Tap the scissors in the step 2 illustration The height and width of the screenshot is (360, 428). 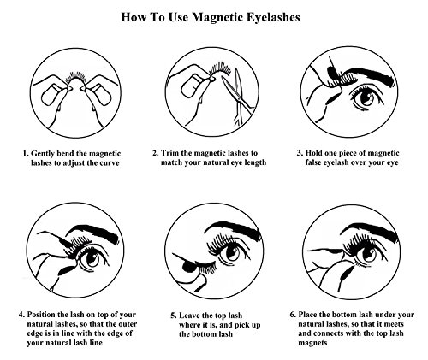[x=238, y=94]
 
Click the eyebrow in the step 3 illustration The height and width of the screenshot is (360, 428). [x=368, y=75]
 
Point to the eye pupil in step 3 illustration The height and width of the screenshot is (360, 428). [x=366, y=97]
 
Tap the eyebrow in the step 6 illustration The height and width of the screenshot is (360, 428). [x=371, y=230]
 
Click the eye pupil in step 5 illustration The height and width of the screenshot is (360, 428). [x=234, y=251]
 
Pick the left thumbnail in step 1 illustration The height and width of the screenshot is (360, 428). [x=51, y=95]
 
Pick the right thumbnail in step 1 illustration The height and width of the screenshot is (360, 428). [x=100, y=94]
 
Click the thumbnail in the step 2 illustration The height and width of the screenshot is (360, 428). [x=192, y=86]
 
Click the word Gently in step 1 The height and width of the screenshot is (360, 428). [x=43, y=154]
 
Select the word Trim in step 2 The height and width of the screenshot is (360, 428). [x=169, y=153]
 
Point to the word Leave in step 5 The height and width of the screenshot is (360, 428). [x=189, y=316]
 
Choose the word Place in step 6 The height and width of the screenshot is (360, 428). [x=308, y=315]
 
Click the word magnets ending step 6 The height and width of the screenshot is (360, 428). [x=312, y=343]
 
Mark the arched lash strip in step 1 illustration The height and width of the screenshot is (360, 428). [x=75, y=76]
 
